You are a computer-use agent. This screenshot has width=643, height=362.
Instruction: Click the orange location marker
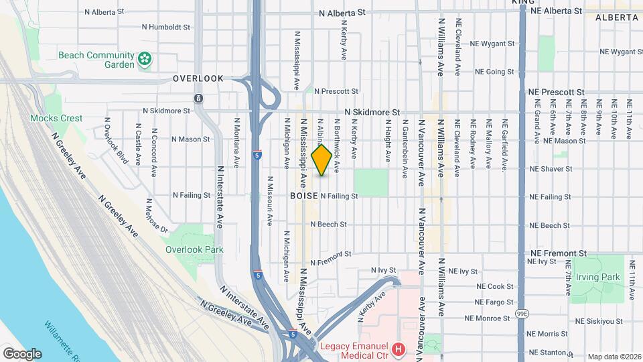(x=321, y=160)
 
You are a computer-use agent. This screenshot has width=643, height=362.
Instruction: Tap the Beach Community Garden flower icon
(x=144, y=60)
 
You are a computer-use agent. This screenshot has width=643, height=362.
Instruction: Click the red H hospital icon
(x=399, y=349)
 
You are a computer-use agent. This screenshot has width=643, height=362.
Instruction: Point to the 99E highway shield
(x=522, y=313)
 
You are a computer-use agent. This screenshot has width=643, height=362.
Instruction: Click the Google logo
(x=21, y=353)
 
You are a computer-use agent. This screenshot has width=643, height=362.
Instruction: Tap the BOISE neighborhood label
(x=303, y=196)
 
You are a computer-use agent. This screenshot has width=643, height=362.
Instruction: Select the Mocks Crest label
(x=56, y=118)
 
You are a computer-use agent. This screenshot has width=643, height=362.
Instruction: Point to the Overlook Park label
(x=194, y=249)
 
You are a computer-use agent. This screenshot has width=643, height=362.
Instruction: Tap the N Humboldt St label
(x=167, y=27)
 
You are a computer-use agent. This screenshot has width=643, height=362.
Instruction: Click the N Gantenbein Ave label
(x=405, y=149)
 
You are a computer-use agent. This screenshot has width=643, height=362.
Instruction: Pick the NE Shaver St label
(x=550, y=169)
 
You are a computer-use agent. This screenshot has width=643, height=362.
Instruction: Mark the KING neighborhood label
(x=523, y=3)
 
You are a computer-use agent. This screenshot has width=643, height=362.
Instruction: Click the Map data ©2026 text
(x=614, y=357)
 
